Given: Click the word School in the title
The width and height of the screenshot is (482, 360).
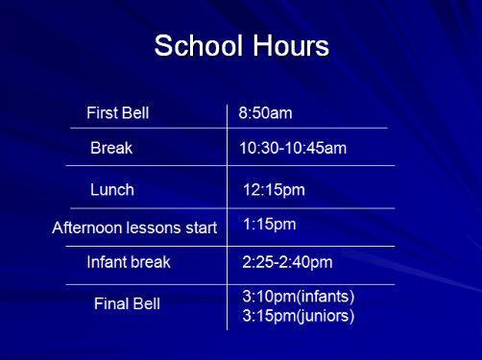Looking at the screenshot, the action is pyautogui.click(x=198, y=45).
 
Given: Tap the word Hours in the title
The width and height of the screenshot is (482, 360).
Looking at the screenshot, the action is pyautogui.click(x=291, y=45).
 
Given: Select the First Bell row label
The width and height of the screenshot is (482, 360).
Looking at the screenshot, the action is pyautogui.click(x=118, y=113).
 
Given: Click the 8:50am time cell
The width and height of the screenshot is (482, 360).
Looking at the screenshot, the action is pyautogui.click(x=265, y=113).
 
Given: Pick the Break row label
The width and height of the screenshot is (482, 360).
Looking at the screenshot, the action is pyautogui.click(x=111, y=148).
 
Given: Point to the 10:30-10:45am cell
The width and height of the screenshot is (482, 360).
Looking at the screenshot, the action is pyautogui.click(x=293, y=148).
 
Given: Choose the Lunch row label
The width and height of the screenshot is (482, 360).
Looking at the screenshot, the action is pyautogui.click(x=112, y=190).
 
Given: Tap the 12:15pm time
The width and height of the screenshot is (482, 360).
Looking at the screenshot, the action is pyautogui.click(x=274, y=190).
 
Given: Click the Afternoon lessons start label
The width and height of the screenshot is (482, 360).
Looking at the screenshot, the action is pyautogui.click(x=134, y=228).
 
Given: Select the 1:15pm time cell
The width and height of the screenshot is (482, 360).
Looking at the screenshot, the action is pyautogui.click(x=270, y=224).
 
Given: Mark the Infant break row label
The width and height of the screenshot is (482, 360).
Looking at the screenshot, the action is pyautogui.click(x=129, y=262).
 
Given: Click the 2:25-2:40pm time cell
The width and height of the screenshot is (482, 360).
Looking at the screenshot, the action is pyautogui.click(x=287, y=262).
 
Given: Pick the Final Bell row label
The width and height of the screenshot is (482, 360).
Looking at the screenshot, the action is pyautogui.click(x=127, y=303).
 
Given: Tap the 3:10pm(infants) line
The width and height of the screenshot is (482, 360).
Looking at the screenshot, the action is pyautogui.click(x=299, y=297).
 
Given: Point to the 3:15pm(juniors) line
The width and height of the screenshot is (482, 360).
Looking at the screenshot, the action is pyautogui.click(x=299, y=316).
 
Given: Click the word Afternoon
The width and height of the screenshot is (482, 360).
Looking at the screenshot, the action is pyautogui.click(x=86, y=228).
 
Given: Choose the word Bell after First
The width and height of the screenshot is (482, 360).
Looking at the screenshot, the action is pyautogui.click(x=136, y=113).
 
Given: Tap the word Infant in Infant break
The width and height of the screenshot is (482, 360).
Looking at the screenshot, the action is pyautogui.click(x=107, y=262).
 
